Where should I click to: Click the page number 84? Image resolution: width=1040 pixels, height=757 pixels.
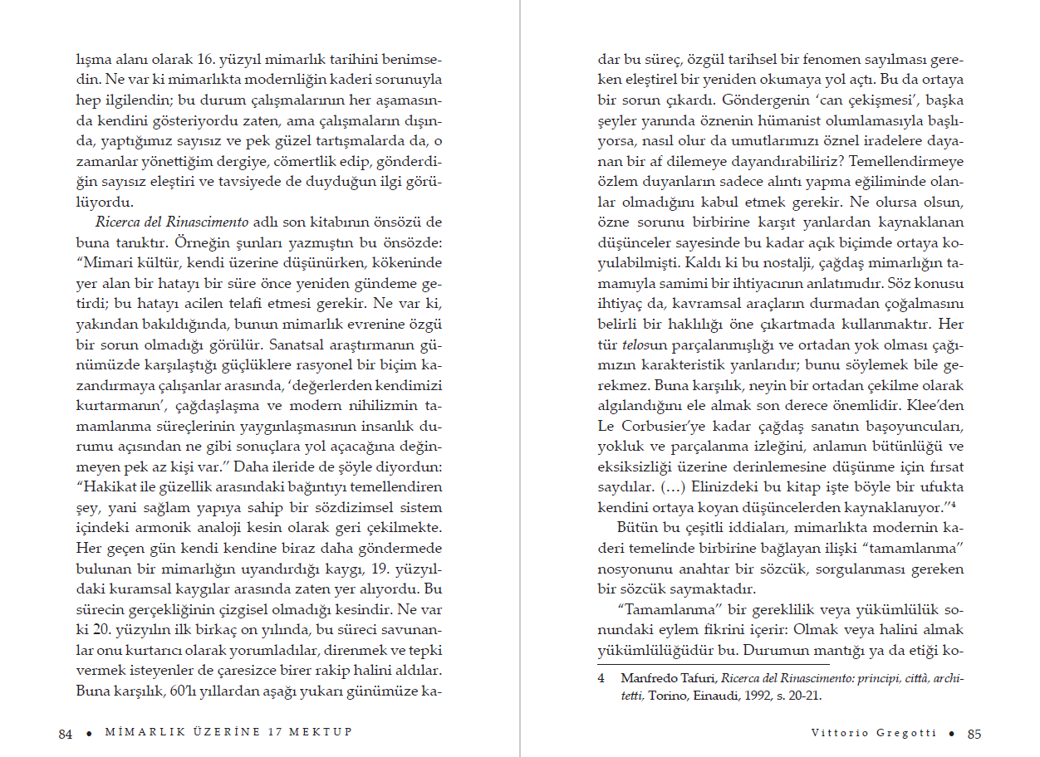66,733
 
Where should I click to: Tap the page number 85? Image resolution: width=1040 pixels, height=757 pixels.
974,733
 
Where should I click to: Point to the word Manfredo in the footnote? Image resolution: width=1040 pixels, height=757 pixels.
646,678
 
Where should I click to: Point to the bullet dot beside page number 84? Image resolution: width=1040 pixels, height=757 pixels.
86,733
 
